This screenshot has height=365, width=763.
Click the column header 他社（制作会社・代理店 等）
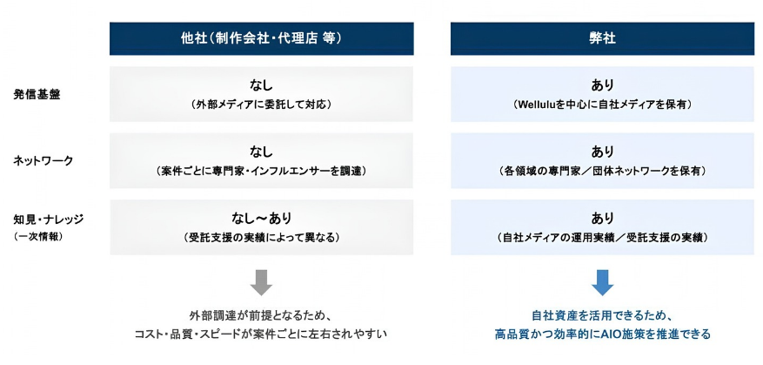[x=261, y=38]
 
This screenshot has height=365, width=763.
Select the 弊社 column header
[x=602, y=38]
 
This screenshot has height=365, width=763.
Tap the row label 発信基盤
[x=37, y=95]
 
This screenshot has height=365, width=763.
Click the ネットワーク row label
[x=43, y=161]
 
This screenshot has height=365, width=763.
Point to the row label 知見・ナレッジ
[x=48, y=220]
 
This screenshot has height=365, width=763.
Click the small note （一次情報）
[x=37, y=237]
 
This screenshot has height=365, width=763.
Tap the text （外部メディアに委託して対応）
[x=261, y=105]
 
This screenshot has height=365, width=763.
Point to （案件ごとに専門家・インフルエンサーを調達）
[x=261, y=171]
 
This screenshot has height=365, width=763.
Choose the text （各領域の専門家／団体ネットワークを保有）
[x=602, y=171]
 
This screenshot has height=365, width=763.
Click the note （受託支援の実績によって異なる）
[x=261, y=238]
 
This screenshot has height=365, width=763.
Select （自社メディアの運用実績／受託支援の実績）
[x=602, y=238]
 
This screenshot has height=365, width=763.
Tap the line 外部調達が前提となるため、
[x=261, y=315]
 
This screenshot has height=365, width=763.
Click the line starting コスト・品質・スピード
[x=261, y=335]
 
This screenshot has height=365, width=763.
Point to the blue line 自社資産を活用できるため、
[x=602, y=315]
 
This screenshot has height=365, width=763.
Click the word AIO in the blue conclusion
[x=606, y=335]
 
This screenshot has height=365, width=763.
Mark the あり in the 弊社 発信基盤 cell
[x=602, y=85]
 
